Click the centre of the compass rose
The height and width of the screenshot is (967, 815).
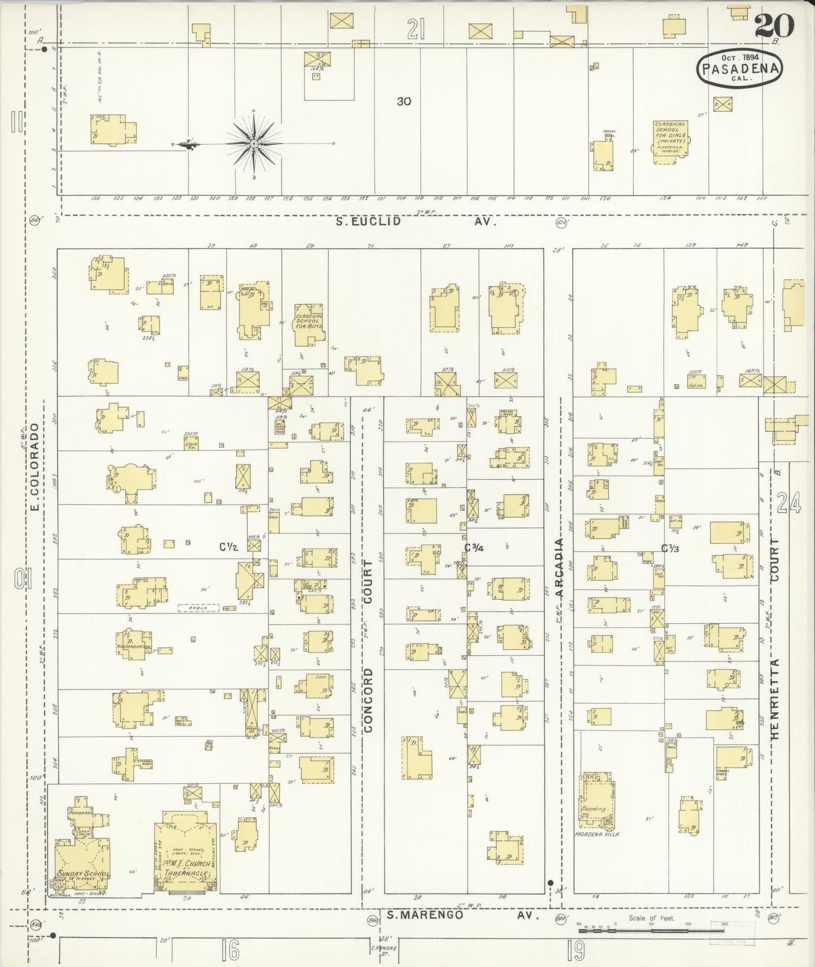point(254,144)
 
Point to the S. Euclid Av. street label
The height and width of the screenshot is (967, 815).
point(416,222)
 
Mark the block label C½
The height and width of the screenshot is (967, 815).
point(230,547)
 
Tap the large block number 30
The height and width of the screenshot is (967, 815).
point(403,102)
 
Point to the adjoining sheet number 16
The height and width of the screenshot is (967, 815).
point(231,951)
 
